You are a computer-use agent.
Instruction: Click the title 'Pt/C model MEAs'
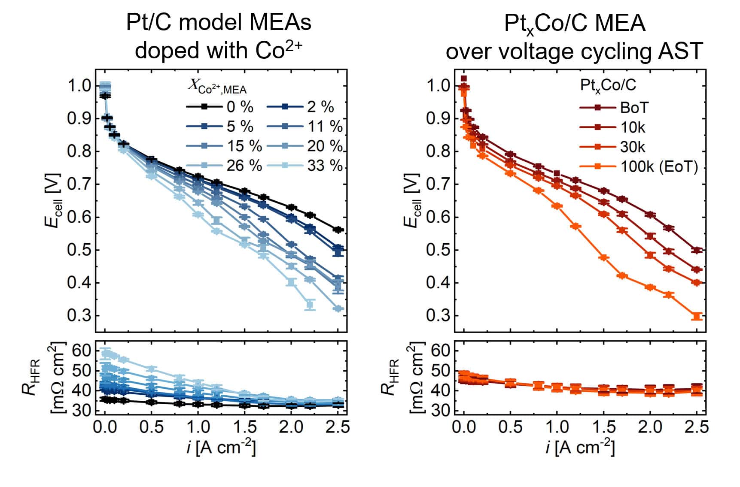click(219, 22)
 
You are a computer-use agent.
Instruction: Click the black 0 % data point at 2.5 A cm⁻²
click(338, 230)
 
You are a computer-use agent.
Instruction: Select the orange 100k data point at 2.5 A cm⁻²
click(697, 316)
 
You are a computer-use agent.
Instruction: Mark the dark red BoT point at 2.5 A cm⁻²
click(697, 250)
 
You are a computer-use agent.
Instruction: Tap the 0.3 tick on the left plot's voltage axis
click(79, 316)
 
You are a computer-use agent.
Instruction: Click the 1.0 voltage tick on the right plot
click(439, 85)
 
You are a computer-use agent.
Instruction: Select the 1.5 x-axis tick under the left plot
click(244, 427)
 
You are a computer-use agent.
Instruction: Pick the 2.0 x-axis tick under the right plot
click(650, 427)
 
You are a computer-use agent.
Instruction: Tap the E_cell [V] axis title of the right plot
click(412, 200)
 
